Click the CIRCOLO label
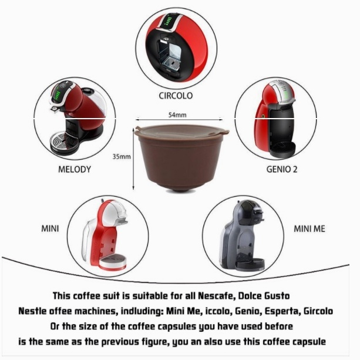[176, 96]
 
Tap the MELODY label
[75, 170]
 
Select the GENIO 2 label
[282, 170]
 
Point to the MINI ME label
[309, 229]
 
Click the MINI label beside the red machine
[50, 228]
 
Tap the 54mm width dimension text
[177, 115]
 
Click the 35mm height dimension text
[122, 157]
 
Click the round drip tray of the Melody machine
[65, 142]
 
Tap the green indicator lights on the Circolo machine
[169, 21]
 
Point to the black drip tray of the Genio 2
[282, 149]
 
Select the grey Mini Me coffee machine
[243, 235]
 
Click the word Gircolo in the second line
[318, 311]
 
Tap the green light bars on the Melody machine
[57, 96]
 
